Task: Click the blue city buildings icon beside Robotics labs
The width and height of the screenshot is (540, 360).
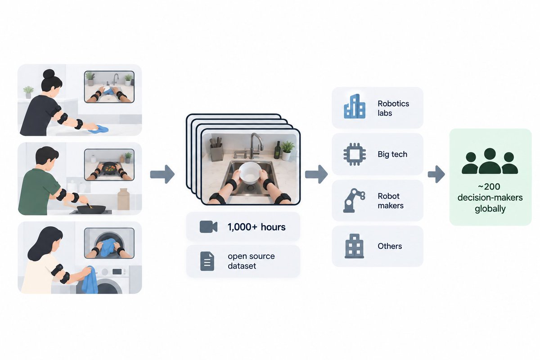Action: tap(355, 106)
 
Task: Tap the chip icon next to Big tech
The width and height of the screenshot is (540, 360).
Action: tap(355, 154)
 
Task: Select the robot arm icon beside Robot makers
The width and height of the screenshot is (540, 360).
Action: tap(354, 200)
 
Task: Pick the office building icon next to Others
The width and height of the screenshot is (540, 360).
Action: tap(354, 246)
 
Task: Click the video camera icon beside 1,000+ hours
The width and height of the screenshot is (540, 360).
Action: tap(208, 227)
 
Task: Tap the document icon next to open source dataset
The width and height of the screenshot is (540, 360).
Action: tap(207, 261)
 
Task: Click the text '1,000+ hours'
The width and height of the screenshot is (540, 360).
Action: tap(256, 227)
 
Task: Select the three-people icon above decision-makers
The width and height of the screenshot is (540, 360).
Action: tap(490, 161)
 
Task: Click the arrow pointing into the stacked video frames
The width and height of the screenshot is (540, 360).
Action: tap(162, 174)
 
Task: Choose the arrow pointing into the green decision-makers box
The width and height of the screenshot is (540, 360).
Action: tap(436, 174)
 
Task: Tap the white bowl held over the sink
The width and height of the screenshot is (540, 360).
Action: tap(250, 173)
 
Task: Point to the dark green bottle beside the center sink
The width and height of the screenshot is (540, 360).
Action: tap(278, 150)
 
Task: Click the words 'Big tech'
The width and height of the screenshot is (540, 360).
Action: tap(392, 154)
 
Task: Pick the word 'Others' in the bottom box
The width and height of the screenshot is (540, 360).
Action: tap(390, 246)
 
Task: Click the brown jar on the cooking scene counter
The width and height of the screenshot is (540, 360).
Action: tap(123, 199)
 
